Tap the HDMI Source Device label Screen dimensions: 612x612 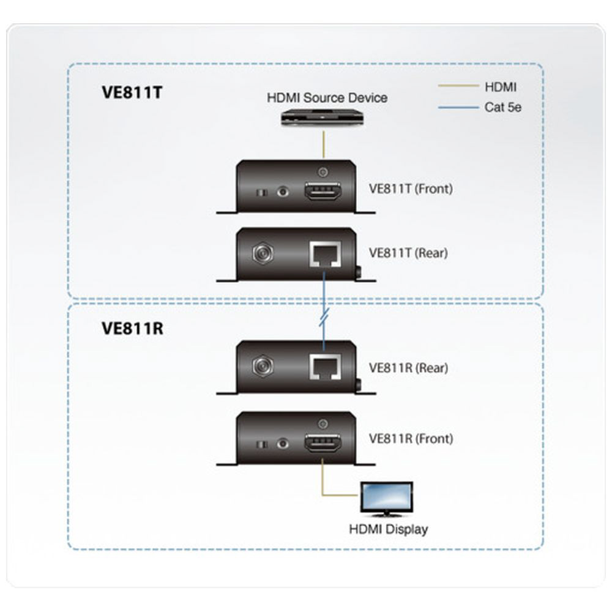327,97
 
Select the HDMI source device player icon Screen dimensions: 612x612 323,118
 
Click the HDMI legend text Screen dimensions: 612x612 500,88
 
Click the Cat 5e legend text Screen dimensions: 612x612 502,108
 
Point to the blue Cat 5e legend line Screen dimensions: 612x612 458,108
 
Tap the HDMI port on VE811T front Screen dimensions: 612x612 323,193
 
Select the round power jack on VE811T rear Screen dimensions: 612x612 263,253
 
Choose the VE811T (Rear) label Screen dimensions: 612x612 408,252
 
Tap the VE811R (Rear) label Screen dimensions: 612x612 408,368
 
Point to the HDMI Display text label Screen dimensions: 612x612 388,529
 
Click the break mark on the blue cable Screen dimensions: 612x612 324,318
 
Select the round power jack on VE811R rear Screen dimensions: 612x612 263,366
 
